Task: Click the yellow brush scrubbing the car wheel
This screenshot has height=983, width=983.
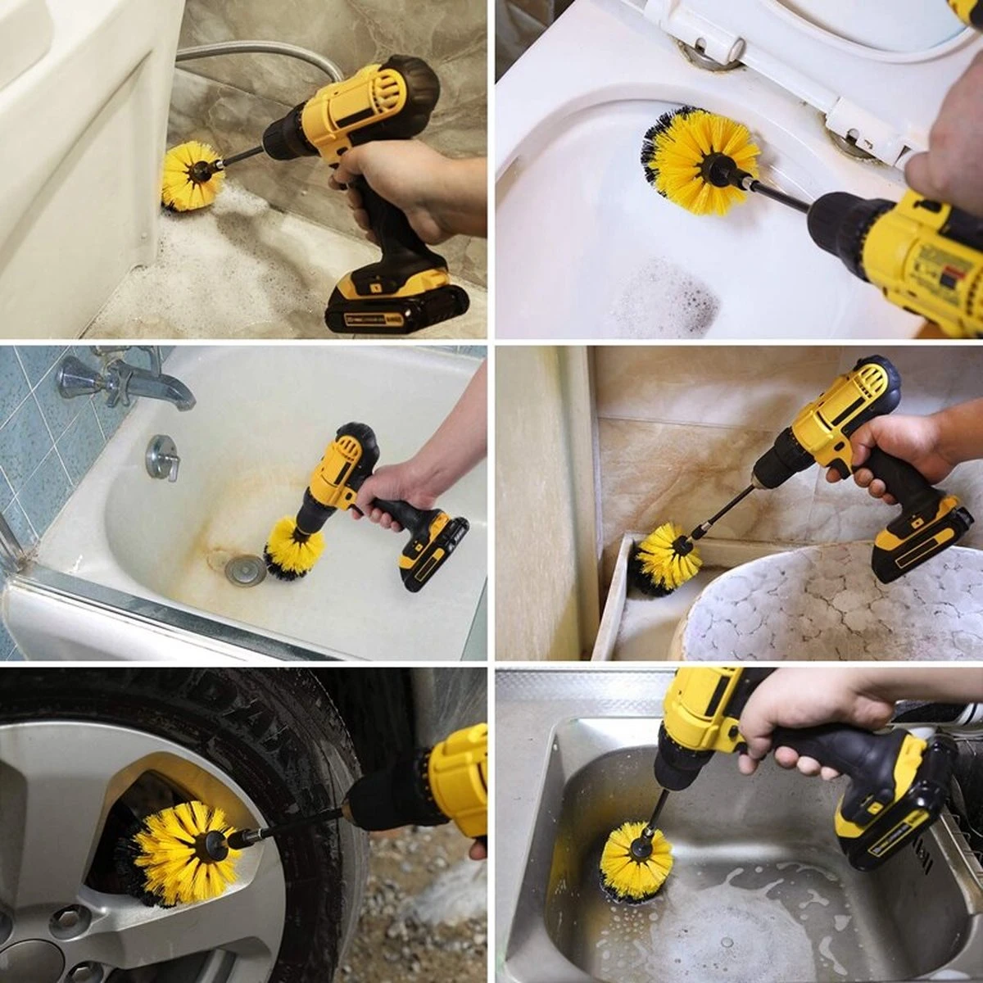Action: click(184, 852)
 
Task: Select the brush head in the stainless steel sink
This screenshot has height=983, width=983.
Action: click(636, 860)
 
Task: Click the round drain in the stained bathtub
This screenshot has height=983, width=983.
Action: click(245, 569)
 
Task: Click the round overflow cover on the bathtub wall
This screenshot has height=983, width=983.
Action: click(162, 457)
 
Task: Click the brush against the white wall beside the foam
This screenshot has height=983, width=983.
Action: click(192, 174)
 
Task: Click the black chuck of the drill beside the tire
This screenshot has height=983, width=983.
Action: click(385, 799)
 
